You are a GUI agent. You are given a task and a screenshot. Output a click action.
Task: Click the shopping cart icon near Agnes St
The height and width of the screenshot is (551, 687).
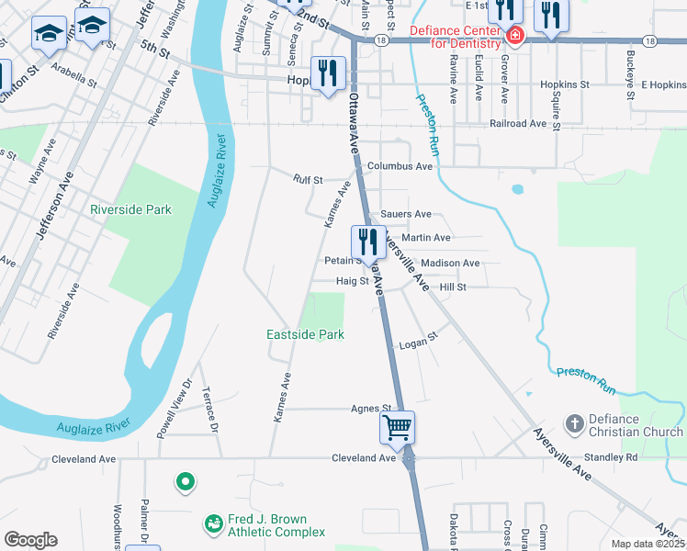point(398,427)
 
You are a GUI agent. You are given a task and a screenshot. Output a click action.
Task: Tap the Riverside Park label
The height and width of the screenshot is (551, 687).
point(130,209)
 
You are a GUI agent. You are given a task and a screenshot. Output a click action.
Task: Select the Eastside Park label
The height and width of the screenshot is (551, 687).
point(305,335)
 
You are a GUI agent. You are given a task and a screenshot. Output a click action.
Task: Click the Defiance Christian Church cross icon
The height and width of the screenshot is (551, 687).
point(575,423)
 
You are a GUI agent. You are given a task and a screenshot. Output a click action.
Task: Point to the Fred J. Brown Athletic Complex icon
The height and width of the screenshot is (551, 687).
point(213,523)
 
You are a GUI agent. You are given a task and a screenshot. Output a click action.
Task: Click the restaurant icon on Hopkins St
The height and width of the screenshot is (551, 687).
point(328,73)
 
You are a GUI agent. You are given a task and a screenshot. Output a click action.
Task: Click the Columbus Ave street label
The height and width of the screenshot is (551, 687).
point(400,166)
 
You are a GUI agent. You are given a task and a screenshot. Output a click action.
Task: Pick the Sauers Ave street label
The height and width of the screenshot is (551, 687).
point(405,214)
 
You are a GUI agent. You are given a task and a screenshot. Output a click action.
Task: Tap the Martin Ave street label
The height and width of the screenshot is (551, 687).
point(425,238)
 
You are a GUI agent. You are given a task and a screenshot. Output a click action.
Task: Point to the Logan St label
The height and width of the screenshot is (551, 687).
point(417,345)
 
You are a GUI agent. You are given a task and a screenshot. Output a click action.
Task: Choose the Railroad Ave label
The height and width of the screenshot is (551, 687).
point(518,123)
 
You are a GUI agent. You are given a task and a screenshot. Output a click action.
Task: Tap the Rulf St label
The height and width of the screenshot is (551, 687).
point(308,180)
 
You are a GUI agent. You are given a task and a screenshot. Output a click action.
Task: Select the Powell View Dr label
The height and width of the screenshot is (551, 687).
point(173,406)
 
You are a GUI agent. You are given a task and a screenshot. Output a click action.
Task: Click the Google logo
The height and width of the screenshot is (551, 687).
point(30,540)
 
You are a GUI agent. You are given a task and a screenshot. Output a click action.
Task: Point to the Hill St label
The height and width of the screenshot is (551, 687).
point(453,287)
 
